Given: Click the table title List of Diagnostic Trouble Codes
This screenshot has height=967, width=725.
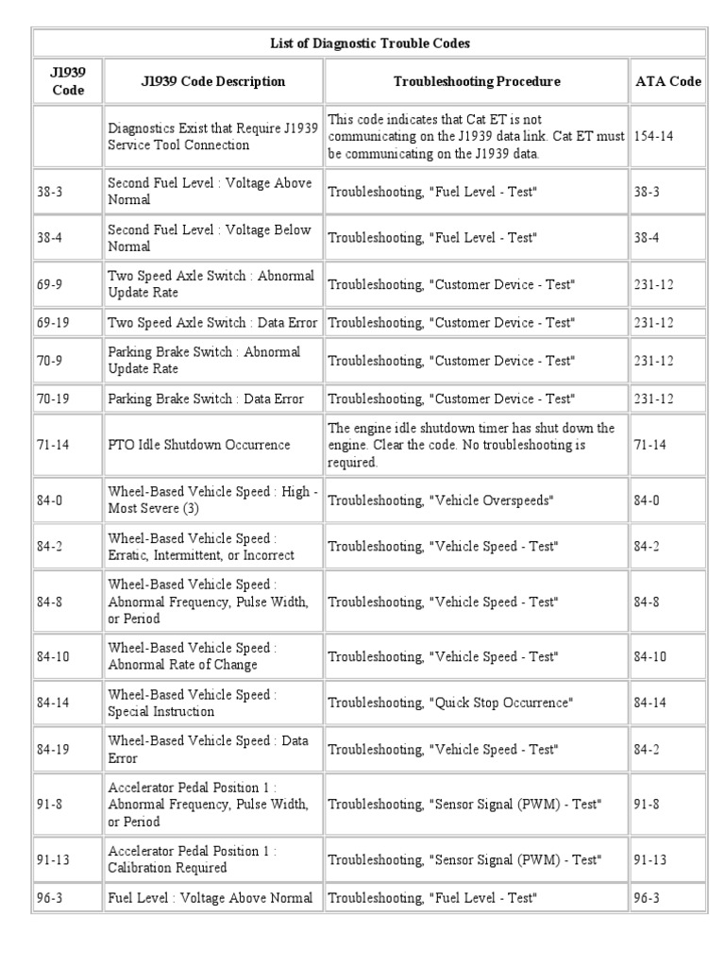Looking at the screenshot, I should [x=369, y=42].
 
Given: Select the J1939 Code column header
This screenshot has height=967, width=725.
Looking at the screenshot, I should [x=67, y=81].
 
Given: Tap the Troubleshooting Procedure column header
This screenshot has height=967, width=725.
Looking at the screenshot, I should [x=476, y=81].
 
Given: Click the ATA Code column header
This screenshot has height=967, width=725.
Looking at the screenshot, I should [x=667, y=81].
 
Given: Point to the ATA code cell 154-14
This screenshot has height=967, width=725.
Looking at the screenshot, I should [x=653, y=137].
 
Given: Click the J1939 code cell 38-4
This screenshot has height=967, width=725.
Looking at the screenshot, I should [x=50, y=239].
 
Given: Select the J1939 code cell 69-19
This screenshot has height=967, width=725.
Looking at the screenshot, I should [x=53, y=323].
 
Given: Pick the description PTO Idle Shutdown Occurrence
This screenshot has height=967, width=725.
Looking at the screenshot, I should [x=198, y=444].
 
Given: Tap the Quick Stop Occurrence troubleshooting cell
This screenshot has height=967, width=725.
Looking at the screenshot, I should [x=450, y=704].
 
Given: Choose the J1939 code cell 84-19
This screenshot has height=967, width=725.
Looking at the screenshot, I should [x=53, y=749].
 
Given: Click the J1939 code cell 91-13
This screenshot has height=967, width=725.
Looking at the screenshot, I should [x=53, y=859].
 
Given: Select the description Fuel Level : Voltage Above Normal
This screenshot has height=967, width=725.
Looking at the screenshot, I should [x=210, y=898].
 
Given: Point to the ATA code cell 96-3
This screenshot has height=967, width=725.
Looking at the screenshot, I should [x=649, y=898].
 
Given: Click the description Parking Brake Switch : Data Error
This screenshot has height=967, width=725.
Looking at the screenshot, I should [x=206, y=399].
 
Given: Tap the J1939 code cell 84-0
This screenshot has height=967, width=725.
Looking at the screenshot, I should [x=50, y=500].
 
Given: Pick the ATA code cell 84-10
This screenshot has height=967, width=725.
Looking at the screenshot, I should [x=651, y=656].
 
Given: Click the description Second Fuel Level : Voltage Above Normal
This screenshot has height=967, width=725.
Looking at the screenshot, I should [x=210, y=192].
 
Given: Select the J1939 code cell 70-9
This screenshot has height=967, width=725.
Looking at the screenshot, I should [x=50, y=361].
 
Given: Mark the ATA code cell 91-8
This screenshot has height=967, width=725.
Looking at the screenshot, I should [x=649, y=804].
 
